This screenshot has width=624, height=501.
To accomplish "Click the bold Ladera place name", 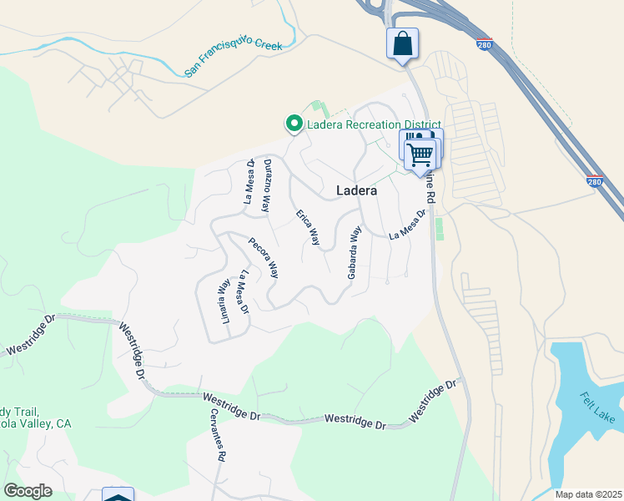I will click(356, 190).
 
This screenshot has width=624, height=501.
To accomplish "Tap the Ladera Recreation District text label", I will click(366, 125).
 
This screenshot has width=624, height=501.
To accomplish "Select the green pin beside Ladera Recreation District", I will click(294, 124).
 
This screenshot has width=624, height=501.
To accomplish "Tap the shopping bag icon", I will click(402, 43).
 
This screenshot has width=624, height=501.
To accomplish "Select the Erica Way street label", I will click(308, 227).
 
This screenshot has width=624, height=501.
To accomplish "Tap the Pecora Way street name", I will click(264, 257).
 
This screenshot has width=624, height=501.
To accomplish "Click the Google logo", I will click(28, 491).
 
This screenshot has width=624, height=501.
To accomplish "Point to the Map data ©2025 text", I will click(588, 494).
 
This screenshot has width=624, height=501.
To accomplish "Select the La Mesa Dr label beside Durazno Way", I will click(249, 182).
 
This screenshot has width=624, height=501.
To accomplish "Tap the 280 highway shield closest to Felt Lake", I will click(593, 180).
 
